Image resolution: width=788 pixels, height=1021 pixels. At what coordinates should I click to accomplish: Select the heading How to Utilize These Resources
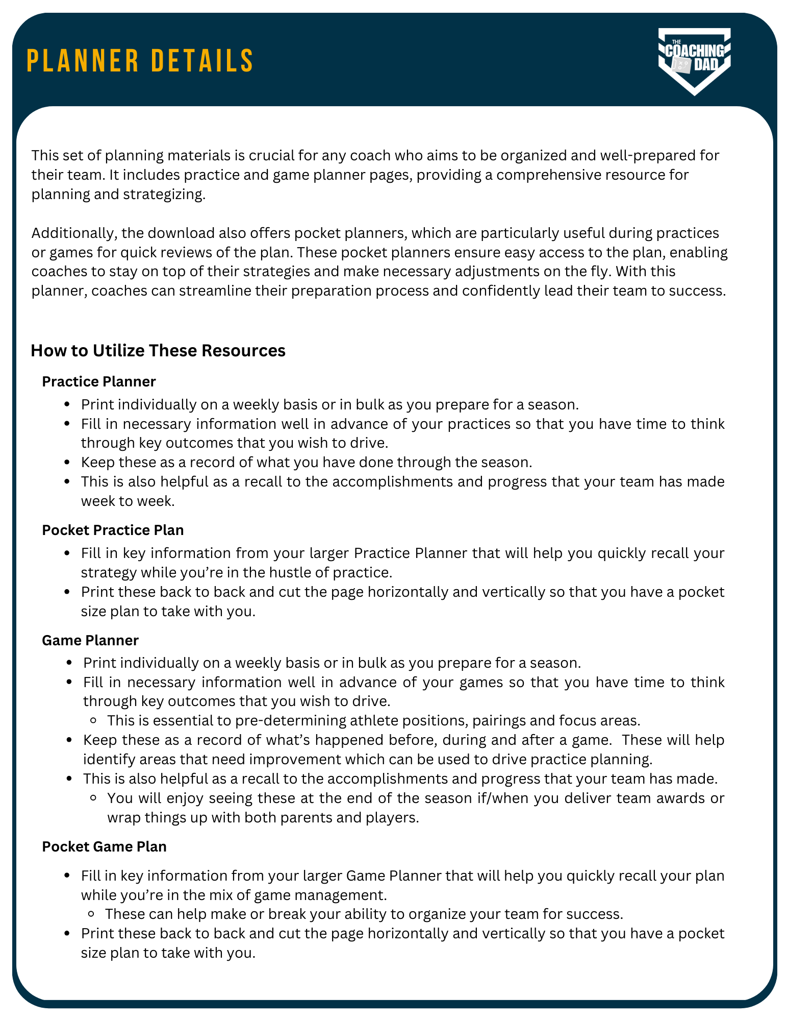(x=158, y=351)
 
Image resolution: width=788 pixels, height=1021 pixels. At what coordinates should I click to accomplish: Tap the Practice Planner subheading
(x=99, y=381)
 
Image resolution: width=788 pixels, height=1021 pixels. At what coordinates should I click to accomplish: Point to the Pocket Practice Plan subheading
(x=113, y=530)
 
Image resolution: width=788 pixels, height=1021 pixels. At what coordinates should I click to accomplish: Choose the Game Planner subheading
(x=90, y=640)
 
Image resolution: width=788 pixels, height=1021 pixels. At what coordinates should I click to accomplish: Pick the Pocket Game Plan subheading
(x=104, y=846)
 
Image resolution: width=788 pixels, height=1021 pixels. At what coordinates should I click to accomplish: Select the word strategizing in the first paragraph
(x=164, y=195)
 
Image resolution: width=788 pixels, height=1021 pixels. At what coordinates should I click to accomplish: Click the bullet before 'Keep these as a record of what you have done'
(x=67, y=463)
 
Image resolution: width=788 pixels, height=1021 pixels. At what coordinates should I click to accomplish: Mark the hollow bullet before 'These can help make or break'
(x=92, y=914)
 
